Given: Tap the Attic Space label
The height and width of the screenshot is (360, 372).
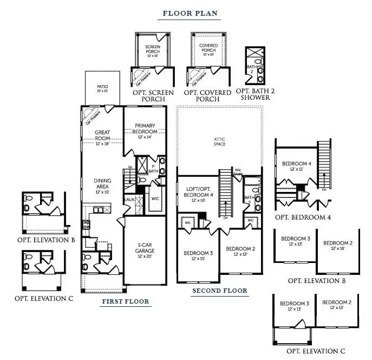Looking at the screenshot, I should (x=219, y=142).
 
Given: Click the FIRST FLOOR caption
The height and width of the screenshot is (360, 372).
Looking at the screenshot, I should (x=125, y=301).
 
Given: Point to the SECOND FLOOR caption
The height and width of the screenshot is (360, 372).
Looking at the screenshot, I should (x=220, y=291).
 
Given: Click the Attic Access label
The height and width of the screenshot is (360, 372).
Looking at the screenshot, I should (x=238, y=172).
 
